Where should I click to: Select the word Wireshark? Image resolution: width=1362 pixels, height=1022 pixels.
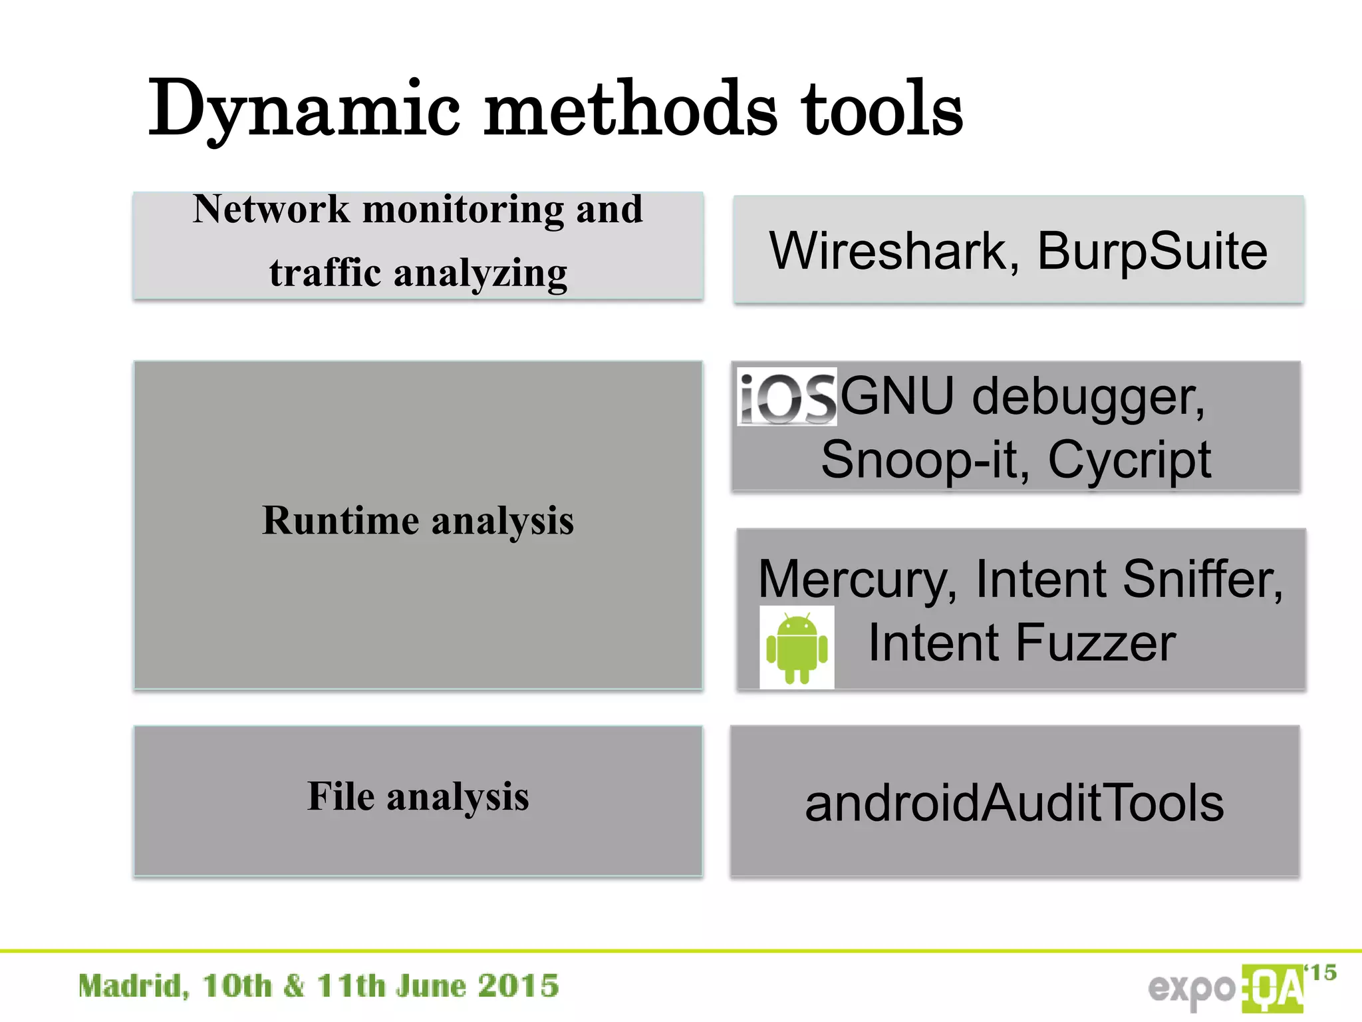click(888, 252)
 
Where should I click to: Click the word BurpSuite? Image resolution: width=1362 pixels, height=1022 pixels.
click(1153, 252)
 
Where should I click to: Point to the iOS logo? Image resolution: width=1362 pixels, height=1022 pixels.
click(787, 397)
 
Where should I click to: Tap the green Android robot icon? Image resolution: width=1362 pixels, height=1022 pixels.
click(797, 647)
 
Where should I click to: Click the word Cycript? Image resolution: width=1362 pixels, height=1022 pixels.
click(1129, 460)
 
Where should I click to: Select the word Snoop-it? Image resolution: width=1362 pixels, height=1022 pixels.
click(925, 460)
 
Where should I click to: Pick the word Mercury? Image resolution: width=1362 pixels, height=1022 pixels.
click(858, 579)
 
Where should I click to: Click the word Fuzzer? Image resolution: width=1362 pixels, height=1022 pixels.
click(1095, 643)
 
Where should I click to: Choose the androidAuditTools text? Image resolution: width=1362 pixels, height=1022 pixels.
click(1014, 803)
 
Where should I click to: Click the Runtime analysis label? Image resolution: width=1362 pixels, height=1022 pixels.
click(418, 520)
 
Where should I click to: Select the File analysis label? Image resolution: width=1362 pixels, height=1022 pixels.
click(418, 796)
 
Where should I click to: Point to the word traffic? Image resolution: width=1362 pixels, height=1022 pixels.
click(325, 272)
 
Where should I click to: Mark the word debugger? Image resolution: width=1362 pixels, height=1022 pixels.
click(1088, 397)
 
